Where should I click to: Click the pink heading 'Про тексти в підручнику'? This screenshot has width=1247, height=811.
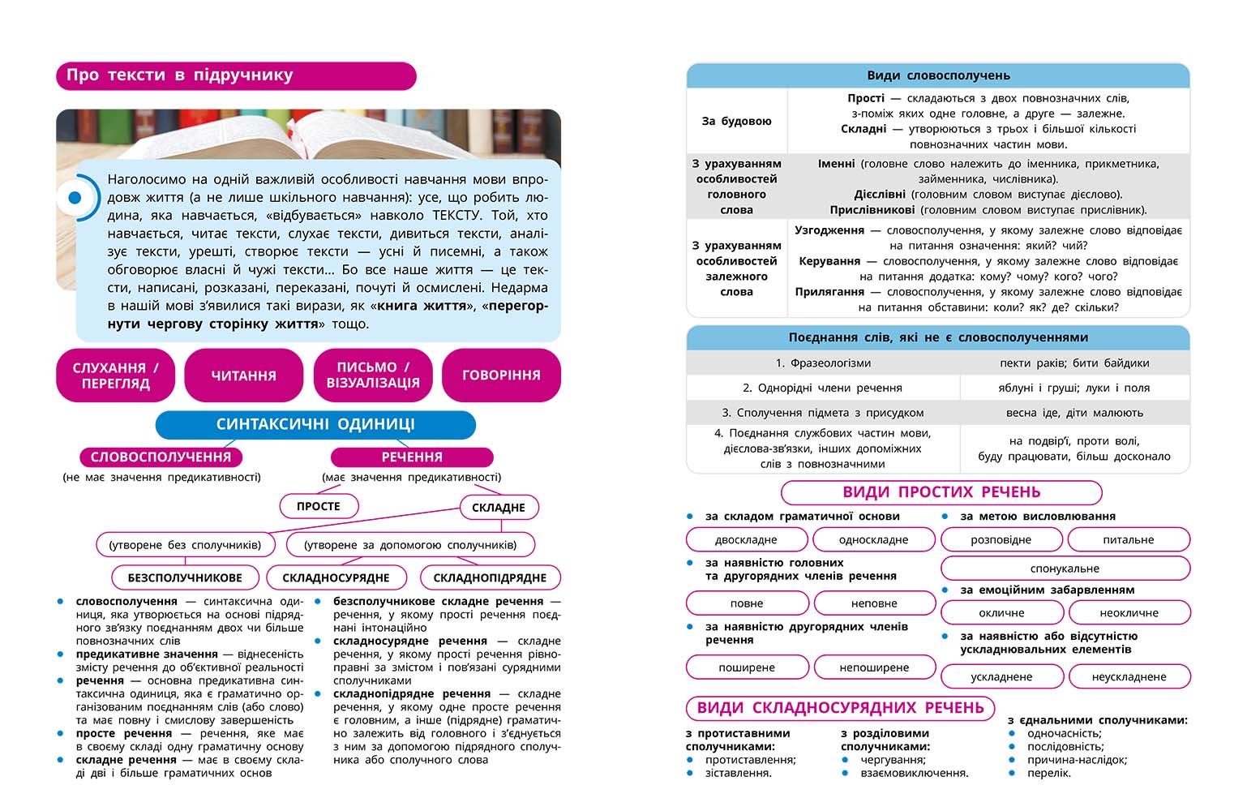point(235,75)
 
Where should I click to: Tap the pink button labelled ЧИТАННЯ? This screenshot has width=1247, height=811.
point(243,375)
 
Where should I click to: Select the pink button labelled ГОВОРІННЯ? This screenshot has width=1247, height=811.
point(501,375)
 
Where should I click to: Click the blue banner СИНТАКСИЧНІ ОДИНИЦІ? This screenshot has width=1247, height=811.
point(315,424)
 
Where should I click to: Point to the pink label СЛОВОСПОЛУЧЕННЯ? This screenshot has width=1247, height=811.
point(161,457)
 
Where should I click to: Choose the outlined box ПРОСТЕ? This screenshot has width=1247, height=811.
point(319,506)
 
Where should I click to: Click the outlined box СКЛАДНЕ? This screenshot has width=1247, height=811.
point(498,508)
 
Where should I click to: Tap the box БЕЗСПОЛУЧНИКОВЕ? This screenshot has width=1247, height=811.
point(185,577)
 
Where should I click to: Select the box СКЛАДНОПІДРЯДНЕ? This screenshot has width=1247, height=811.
point(490,577)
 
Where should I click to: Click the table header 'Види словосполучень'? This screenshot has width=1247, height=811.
point(938,75)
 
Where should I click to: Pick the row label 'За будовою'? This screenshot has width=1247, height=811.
point(736,121)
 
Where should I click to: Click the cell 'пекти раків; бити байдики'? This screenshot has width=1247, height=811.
point(1074,363)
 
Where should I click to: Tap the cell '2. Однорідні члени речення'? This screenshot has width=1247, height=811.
point(822,388)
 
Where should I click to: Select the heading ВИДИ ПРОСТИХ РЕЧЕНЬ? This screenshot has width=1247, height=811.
point(941,492)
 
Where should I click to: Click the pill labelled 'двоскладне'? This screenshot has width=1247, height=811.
point(746,539)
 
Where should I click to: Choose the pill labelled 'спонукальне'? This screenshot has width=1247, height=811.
point(1065,569)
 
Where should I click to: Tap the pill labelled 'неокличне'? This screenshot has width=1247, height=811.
point(1129,613)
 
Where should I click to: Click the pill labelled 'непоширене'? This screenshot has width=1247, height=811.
point(874,667)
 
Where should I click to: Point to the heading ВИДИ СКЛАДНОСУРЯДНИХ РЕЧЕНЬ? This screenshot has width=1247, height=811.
point(840,708)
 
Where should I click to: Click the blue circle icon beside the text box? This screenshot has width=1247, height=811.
point(75,197)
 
